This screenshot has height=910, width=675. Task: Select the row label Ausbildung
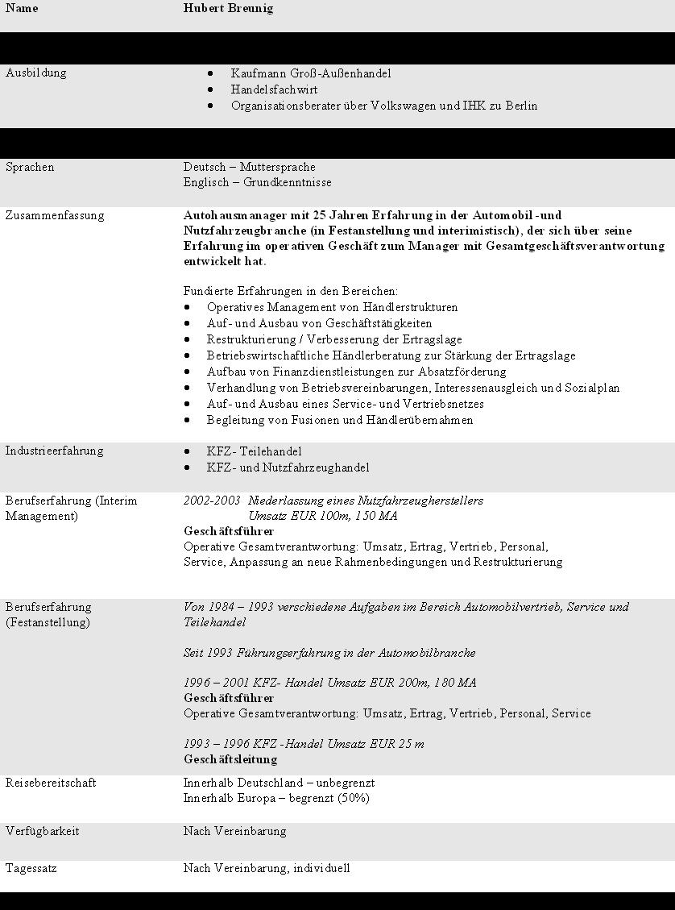pos(35,73)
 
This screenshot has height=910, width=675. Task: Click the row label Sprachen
pos(30,167)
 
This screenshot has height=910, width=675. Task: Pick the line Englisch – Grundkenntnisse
pos(257,183)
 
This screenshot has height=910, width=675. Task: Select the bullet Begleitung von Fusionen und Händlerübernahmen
pos(339,420)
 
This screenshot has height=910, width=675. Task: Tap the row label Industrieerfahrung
pos(54,451)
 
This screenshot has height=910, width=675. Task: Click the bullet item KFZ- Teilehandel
pos(254,451)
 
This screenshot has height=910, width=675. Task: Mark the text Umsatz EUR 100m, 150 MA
pos(322,516)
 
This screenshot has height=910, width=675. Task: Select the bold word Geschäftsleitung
pos(230,759)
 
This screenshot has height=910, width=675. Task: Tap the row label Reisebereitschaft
pos(50,783)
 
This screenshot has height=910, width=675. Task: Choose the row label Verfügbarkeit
pos(42,831)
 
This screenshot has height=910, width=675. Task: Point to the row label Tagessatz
pos(31,868)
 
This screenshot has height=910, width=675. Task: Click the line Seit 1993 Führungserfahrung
pos(329,653)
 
